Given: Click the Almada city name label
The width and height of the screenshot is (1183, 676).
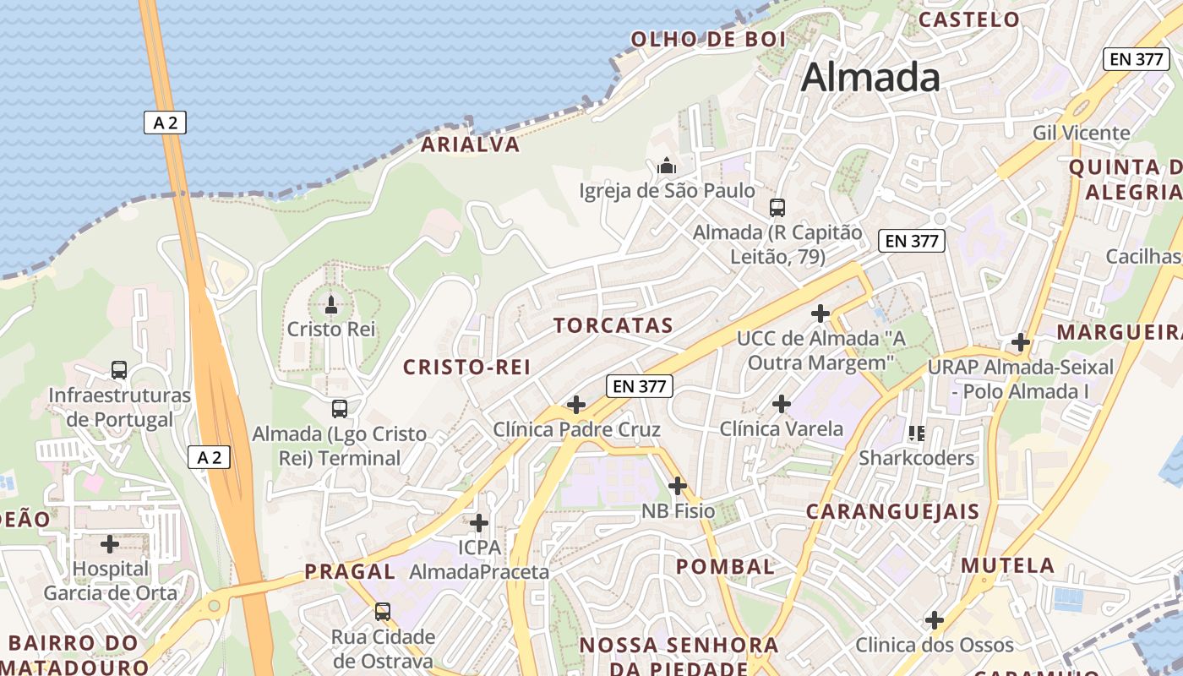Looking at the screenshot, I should click(870, 78).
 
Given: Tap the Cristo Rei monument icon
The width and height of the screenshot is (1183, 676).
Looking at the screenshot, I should click(331, 304).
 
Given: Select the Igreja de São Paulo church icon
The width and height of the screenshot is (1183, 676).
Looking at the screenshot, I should click(667, 166).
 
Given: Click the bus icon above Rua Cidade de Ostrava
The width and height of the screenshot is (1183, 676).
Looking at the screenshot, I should click(383, 611).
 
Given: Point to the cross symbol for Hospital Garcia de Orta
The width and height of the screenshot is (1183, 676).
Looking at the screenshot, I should click(110, 544).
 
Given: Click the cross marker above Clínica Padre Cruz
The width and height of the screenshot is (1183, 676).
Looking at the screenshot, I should click(576, 405).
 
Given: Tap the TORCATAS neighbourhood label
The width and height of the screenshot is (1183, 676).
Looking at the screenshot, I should click(613, 325).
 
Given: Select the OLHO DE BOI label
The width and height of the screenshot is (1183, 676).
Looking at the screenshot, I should click(708, 39).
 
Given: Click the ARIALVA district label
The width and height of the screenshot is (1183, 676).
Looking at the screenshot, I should click(471, 144).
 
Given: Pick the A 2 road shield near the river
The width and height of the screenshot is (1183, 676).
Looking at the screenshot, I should click(165, 123).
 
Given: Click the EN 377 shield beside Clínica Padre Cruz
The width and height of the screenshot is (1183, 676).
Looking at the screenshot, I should click(640, 387).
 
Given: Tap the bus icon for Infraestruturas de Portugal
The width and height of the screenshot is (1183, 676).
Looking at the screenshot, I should click(119, 369).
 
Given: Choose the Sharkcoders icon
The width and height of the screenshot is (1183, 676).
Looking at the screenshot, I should click(917, 433).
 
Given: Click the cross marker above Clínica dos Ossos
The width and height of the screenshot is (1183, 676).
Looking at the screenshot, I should click(935, 620).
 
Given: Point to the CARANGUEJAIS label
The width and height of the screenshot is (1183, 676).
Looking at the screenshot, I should click(892, 511).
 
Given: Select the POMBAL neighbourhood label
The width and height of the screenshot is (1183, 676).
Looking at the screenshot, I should click(725, 566).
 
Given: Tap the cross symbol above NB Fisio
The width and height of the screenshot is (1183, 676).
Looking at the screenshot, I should click(677, 486).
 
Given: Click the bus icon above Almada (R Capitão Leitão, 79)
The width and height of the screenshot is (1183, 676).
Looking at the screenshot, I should click(777, 207).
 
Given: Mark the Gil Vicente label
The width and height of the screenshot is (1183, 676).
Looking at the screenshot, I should click(1081, 133).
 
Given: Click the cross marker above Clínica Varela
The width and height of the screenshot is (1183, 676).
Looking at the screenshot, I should click(782, 404).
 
